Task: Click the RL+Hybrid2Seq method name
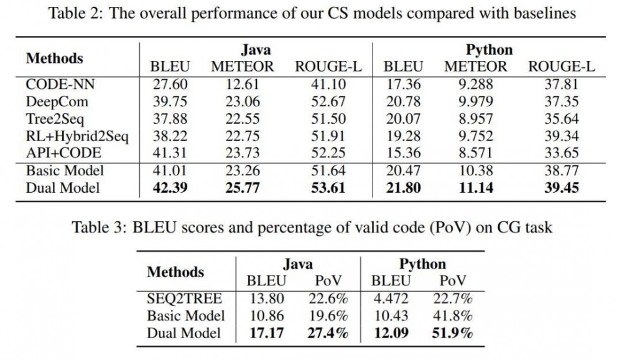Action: [x=77, y=136]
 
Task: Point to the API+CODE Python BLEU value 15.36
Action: [x=402, y=153]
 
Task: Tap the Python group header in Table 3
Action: [x=423, y=264]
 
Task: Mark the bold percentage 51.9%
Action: [x=452, y=333]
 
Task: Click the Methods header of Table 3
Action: [x=175, y=272]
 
